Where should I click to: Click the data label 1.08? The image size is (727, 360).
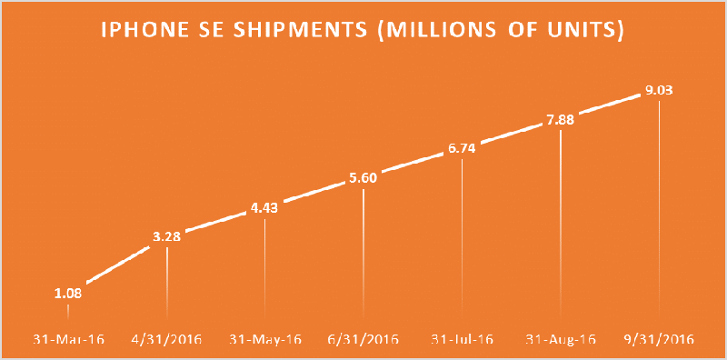click(x=68, y=294)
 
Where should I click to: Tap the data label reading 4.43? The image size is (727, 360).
click(x=264, y=209)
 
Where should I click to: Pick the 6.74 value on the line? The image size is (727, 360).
click(x=462, y=148)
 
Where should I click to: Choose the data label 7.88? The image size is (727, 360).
click(x=560, y=119)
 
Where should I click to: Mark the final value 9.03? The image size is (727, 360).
click(x=658, y=89)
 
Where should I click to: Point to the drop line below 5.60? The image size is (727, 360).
click(x=363, y=255)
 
